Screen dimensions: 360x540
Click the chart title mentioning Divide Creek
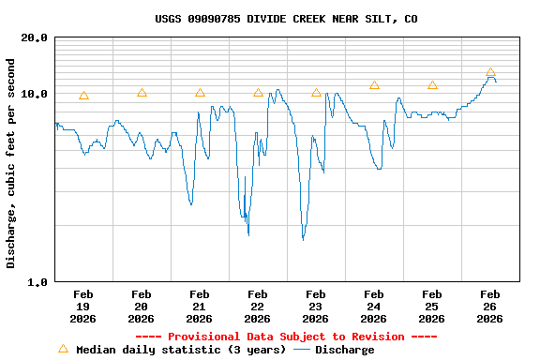coord(286,19)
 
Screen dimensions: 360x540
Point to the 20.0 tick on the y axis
coord(35,37)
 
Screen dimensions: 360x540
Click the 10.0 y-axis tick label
coord(35,94)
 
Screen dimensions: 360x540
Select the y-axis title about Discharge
coord(11,163)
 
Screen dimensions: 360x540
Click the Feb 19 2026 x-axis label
coord(82,306)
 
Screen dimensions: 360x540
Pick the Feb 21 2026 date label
coord(199,306)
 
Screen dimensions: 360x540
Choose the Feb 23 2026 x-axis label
coord(315,306)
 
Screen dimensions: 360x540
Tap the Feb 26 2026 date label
coord(489,306)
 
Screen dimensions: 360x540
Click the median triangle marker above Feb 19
coord(83,96)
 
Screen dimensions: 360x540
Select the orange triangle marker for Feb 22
coord(258,93)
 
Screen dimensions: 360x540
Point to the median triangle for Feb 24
coord(374,85)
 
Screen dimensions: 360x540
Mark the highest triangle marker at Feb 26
coord(490,72)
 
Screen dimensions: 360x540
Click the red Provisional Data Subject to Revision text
coord(286,337)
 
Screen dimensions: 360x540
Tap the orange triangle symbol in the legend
coord(63,349)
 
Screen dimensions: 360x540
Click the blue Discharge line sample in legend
coord(302,350)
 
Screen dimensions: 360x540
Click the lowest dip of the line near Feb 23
coord(303,239)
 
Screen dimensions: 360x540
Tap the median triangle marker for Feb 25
coord(432,85)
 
